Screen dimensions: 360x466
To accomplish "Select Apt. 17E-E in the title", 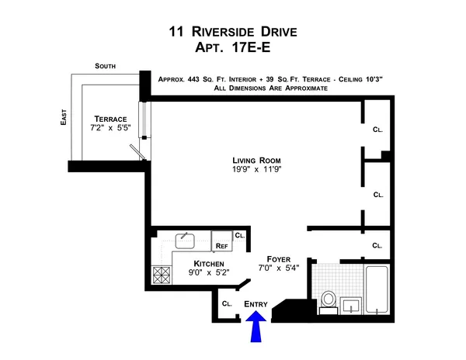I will tap(233, 48).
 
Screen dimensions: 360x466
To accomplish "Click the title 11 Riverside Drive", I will tap(233, 33).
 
